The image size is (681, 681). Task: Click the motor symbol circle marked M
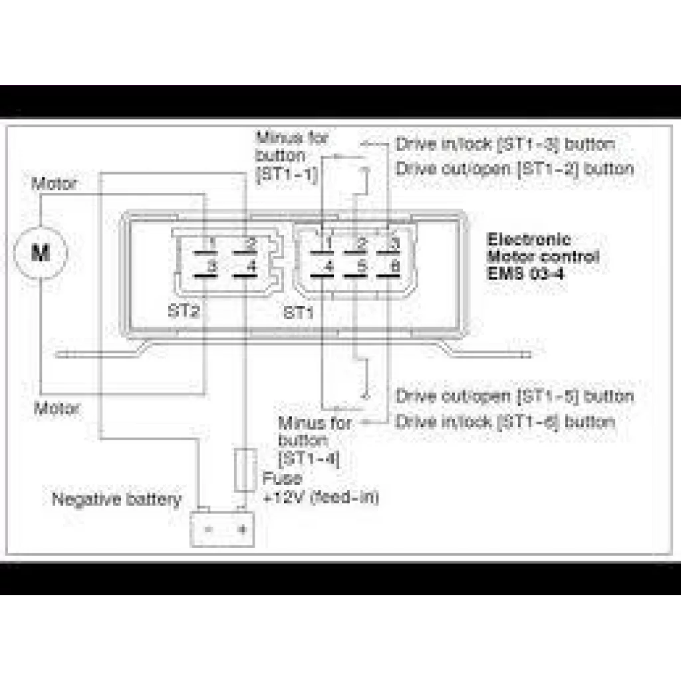tap(41, 252)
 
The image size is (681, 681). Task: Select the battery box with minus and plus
tap(222, 529)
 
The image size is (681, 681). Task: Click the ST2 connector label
tap(182, 311)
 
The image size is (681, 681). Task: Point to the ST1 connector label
tap(299, 311)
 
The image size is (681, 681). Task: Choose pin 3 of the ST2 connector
tap(212, 266)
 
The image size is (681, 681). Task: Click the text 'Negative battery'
tap(116, 499)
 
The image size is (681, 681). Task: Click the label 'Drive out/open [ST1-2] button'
tap(514, 168)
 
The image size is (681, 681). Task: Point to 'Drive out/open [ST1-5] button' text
tap(514, 396)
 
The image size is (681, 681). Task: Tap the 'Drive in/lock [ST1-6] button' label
tap(505, 421)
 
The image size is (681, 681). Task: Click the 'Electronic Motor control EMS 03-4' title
tap(542, 256)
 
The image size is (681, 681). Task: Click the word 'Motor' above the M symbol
tap(54, 184)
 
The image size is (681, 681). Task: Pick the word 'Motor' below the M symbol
tap(57, 408)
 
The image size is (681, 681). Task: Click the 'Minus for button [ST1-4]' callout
tap(311, 440)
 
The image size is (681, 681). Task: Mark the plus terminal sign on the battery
tap(242, 529)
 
